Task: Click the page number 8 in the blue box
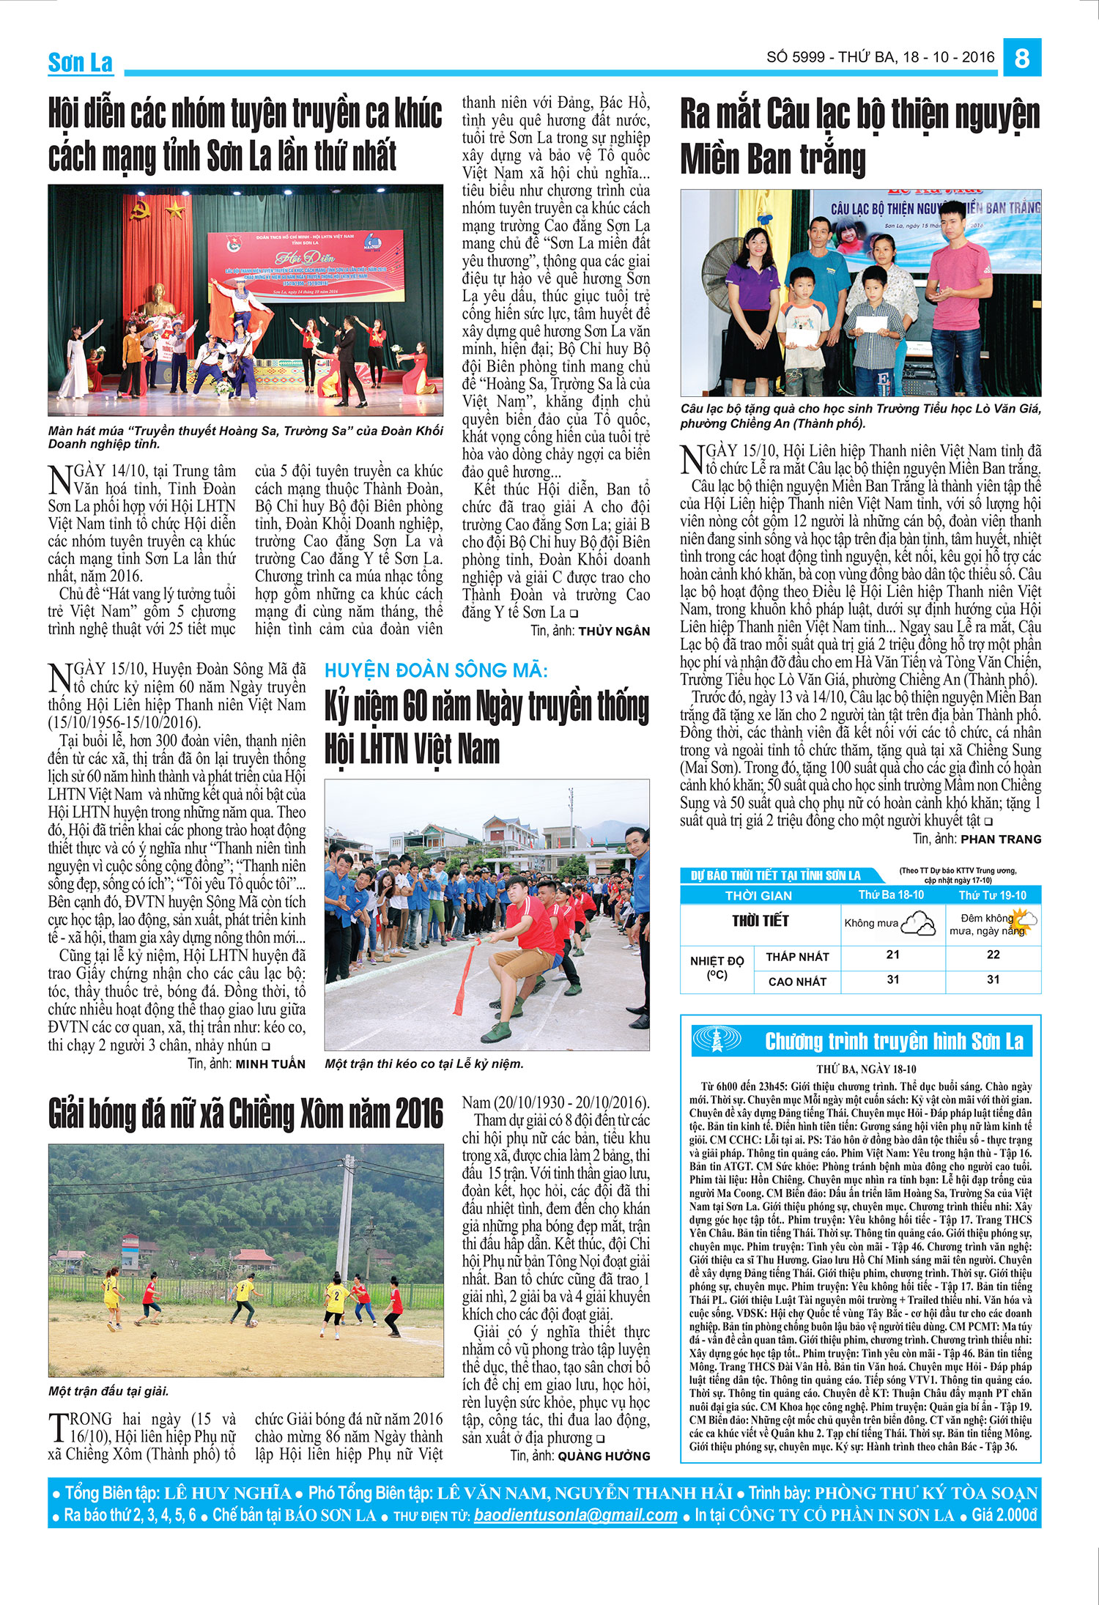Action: (1022, 58)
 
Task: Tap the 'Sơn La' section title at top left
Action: (80, 63)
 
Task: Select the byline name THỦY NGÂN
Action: (614, 631)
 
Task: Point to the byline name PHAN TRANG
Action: (1001, 839)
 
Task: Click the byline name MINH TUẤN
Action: (270, 1064)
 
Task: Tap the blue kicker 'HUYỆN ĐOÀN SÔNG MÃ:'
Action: (436, 670)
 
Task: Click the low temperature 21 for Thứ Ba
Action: (892, 955)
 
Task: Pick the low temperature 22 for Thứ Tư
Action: (993, 955)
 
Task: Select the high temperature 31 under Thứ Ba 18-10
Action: (892, 979)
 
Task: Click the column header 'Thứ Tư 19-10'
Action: (993, 895)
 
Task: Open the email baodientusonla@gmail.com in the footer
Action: (575, 1515)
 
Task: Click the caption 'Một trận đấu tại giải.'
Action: (108, 1391)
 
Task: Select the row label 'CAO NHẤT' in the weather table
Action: (797, 982)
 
